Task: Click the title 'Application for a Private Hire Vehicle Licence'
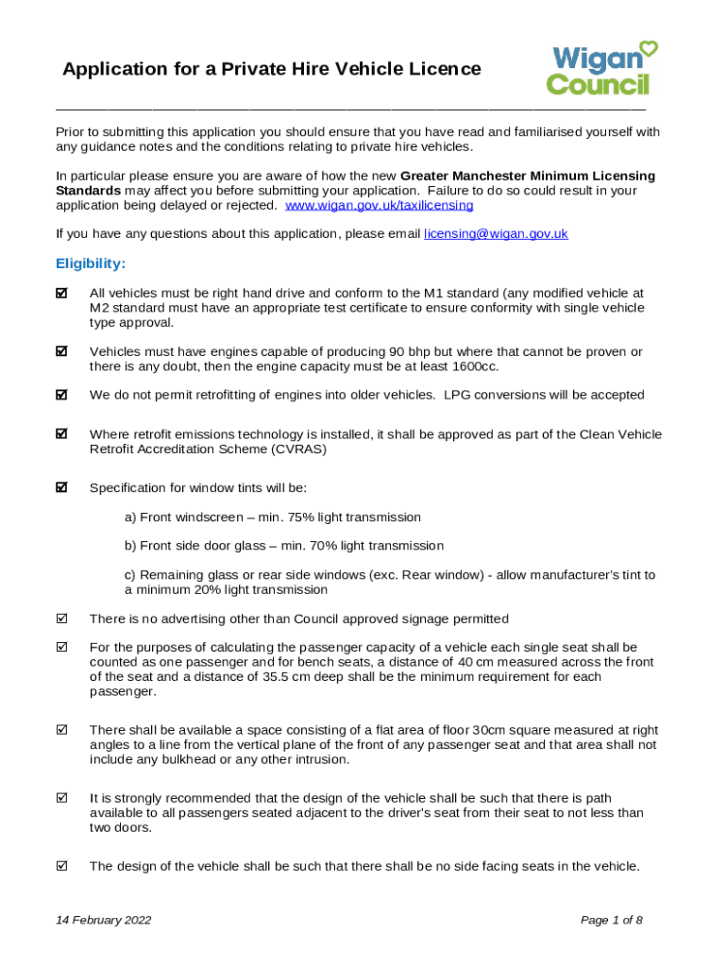click(271, 69)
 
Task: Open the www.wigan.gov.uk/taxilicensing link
click(379, 205)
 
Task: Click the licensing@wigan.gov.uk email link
click(496, 233)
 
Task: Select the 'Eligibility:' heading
click(91, 263)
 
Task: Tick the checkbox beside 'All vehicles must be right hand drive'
click(62, 294)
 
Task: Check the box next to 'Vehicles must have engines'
click(62, 351)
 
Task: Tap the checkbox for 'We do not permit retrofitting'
click(62, 395)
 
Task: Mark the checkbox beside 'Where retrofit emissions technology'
click(62, 434)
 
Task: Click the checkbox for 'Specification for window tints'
click(62, 488)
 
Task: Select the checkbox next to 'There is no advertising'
click(62, 619)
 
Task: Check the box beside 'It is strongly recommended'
click(62, 799)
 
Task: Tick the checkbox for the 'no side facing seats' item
click(62, 866)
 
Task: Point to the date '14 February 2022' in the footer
click(103, 920)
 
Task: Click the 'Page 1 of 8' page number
click(612, 920)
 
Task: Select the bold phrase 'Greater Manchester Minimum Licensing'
click(528, 176)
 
